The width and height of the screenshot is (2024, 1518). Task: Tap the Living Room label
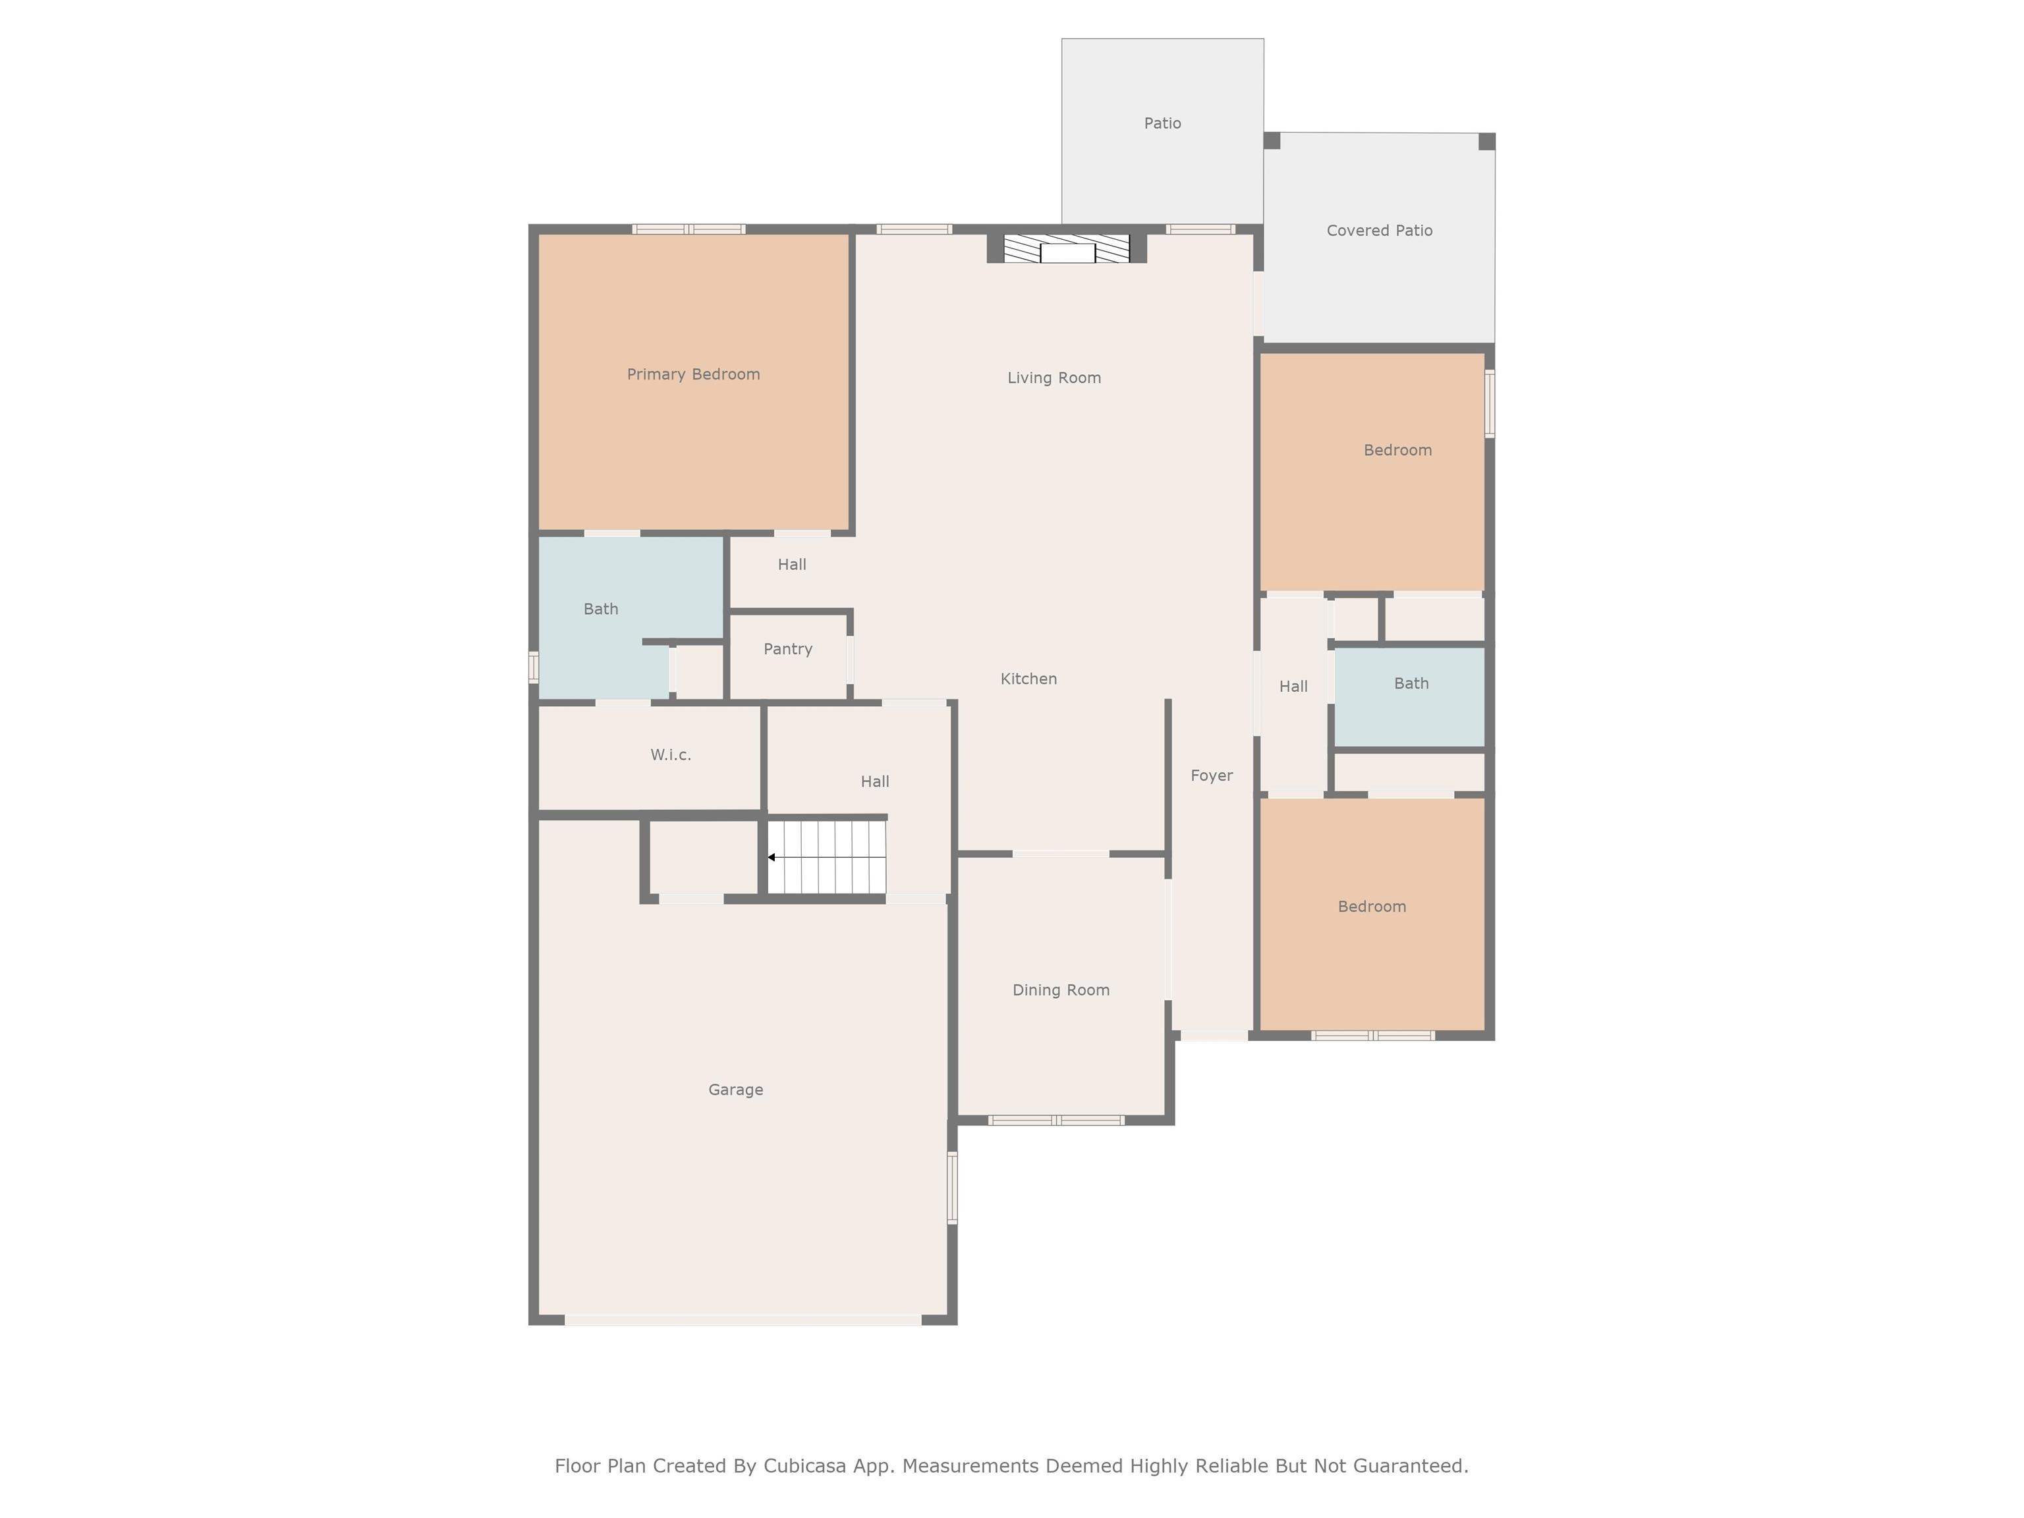pos(1054,378)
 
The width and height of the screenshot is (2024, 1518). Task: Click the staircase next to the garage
pos(826,857)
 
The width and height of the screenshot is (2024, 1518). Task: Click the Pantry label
pos(788,649)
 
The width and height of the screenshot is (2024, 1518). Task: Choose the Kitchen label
pos(1028,679)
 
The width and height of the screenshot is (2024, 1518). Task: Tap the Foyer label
pos(1212,776)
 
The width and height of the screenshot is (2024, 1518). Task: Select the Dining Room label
pos(1061,990)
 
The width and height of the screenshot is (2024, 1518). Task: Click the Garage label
pos(736,1090)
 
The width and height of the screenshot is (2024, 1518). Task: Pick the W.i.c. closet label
pos(671,755)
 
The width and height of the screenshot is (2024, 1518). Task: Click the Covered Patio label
pos(1380,231)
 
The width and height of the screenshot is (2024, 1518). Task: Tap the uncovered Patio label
pos(1162,123)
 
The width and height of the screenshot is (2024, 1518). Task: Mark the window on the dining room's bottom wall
pos(1056,1120)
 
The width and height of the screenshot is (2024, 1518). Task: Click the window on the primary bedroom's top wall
pos(689,229)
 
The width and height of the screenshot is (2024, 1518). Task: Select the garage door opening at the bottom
pos(743,1320)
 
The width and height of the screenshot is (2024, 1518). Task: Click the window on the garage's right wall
pos(953,1188)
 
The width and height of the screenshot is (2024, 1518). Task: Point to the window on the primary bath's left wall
pos(534,666)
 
